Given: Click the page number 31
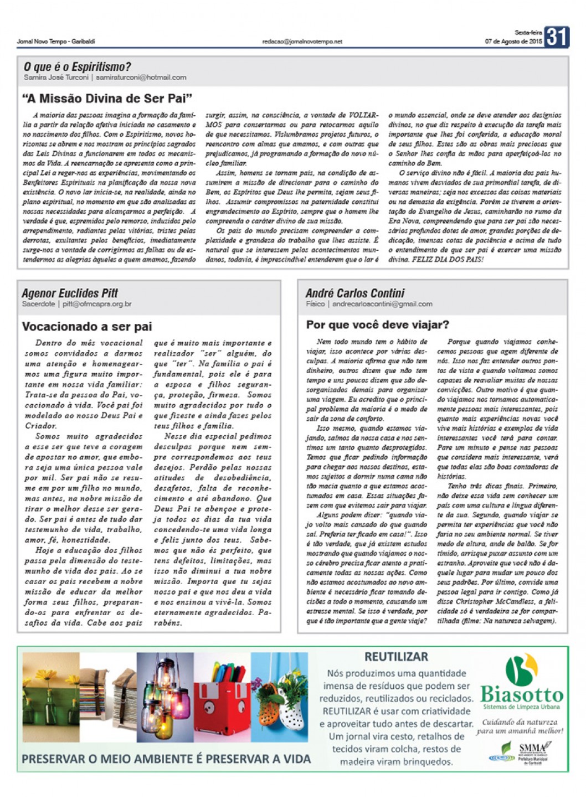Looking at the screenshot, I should click(x=556, y=37).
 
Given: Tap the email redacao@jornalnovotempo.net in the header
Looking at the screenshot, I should click(x=302, y=42).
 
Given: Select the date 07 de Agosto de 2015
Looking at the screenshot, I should click(x=513, y=42).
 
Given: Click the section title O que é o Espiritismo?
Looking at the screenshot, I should click(x=78, y=67).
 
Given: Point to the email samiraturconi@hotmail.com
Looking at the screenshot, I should click(x=141, y=78).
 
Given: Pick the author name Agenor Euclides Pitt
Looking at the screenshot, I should click(x=70, y=293).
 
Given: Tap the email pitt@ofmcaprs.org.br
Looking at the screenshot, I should click(x=97, y=304).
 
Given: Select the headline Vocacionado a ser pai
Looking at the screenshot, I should click(x=87, y=327).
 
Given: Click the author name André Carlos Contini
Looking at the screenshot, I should click(x=355, y=293).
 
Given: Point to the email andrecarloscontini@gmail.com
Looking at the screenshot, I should click(x=382, y=303).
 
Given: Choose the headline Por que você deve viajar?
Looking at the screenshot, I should click(x=378, y=324).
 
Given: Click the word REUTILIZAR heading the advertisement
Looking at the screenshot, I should click(x=396, y=657).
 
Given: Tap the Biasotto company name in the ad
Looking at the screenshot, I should click(x=521, y=694).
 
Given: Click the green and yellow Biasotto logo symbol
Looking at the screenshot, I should click(x=521, y=669).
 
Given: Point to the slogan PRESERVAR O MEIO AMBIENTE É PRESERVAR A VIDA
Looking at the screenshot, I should click(x=166, y=759).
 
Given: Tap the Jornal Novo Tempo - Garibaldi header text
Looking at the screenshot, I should click(x=56, y=42).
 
